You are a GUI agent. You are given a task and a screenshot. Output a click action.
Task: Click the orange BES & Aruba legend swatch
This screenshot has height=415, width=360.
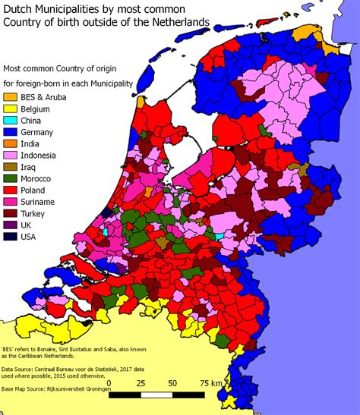click(10, 97)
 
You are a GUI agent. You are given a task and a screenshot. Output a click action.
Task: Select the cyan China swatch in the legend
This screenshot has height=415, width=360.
click(10, 121)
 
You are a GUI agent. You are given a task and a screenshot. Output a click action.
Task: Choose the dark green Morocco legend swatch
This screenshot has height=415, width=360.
click(10, 178)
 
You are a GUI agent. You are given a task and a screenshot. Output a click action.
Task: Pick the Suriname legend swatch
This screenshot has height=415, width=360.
click(10, 202)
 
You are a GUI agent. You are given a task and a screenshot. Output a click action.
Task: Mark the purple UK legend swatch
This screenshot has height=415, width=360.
click(10, 225)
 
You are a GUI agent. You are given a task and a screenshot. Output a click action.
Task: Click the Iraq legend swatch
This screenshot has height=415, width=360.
click(10, 167)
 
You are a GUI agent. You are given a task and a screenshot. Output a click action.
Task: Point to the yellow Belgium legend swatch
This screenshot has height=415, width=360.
click(10, 108)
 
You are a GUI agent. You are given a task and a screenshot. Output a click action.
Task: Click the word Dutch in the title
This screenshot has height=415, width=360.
click(19, 8)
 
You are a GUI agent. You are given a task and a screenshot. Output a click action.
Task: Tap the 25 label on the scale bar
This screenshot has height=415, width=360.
click(140, 383)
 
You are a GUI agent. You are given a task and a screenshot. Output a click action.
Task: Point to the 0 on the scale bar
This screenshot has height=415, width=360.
click(110, 383)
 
